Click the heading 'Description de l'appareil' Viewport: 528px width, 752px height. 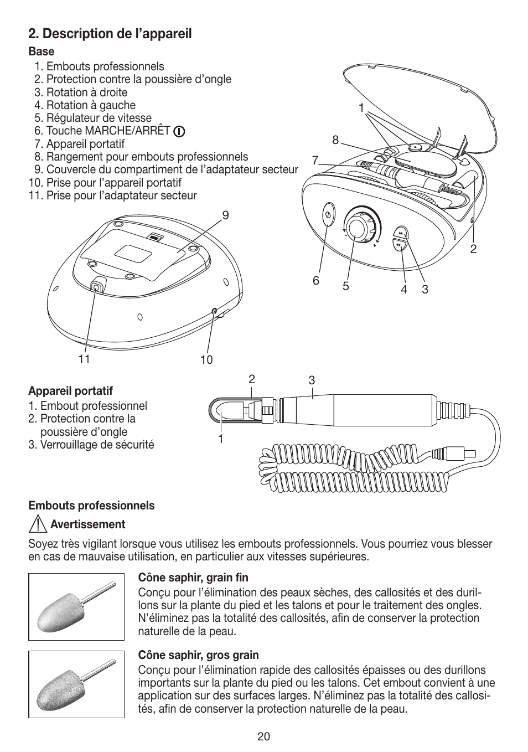click(x=110, y=34)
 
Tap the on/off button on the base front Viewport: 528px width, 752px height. click(x=327, y=214)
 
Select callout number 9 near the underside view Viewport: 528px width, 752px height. click(x=225, y=215)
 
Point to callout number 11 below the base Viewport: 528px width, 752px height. click(x=84, y=359)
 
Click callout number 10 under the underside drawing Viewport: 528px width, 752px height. click(x=206, y=360)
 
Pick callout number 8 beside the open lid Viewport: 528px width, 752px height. click(x=335, y=141)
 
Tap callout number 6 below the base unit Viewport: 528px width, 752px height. click(x=316, y=281)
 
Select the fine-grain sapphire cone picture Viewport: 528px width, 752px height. click(x=76, y=607)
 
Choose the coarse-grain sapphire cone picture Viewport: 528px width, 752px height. click(x=76, y=685)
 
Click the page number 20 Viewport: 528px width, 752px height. click(x=263, y=736)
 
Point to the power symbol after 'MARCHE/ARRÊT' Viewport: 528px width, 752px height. click(x=179, y=132)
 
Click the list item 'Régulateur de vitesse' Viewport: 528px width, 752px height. click(x=99, y=118)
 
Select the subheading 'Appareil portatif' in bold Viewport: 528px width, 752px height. click(x=70, y=391)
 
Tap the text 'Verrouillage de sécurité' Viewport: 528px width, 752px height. click(x=97, y=445)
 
